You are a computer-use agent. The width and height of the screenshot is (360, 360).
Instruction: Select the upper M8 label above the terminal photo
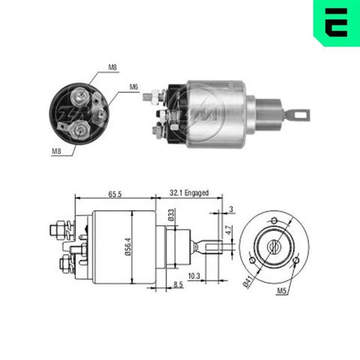click(x=112, y=68)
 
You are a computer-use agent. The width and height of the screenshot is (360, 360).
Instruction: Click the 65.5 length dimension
click(x=115, y=193)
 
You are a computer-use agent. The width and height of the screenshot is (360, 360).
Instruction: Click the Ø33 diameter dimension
click(x=171, y=214)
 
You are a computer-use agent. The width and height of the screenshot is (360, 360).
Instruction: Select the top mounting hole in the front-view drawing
click(x=274, y=220)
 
